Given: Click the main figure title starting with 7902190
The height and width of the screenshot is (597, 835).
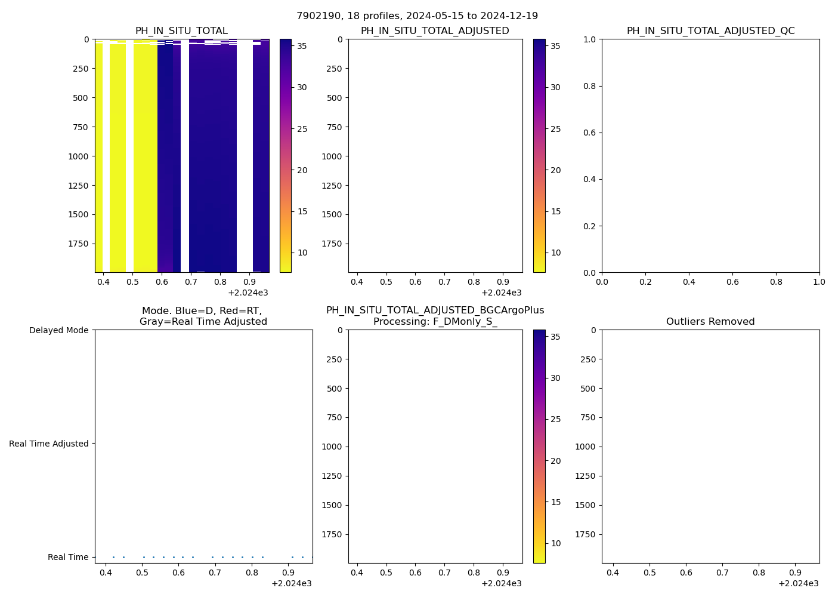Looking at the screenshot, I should [x=417, y=16].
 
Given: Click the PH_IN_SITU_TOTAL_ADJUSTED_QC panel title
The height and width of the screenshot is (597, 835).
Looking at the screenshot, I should [x=710, y=31].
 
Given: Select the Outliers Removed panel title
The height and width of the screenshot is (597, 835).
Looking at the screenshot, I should [x=710, y=322].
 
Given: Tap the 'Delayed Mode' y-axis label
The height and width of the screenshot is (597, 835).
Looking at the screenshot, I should [x=58, y=330].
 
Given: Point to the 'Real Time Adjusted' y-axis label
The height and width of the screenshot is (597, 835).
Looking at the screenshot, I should [x=49, y=444].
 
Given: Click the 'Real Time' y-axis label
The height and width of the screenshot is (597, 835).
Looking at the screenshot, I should [x=68, y=557].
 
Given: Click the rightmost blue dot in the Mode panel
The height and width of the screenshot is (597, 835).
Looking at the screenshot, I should [x=311, y=557].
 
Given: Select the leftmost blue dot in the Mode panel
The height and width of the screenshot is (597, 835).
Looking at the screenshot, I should [x=113, y=557].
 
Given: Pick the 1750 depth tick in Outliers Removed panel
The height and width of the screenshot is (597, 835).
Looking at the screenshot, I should [x=588, y=534].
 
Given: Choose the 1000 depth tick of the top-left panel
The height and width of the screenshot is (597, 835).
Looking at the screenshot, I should [x=78, y=156].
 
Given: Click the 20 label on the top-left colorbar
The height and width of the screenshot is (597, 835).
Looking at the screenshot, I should [x=302, y=170].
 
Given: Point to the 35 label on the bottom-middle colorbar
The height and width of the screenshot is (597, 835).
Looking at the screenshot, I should [x=555, y=337].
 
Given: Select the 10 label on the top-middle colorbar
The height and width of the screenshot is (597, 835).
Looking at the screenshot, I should [x=555, y=253].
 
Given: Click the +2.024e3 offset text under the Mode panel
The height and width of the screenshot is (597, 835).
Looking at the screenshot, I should [x=291, y=583].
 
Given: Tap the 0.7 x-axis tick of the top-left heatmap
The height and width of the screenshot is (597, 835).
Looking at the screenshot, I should [x=191, y=281].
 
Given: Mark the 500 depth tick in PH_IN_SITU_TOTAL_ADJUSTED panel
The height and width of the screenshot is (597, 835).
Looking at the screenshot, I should [x=334, y=98].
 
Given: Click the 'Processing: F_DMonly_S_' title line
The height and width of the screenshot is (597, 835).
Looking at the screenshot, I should [x=435, y=322].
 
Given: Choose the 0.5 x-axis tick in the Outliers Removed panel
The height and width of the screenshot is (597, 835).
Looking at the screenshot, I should [x=650, y=573].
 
